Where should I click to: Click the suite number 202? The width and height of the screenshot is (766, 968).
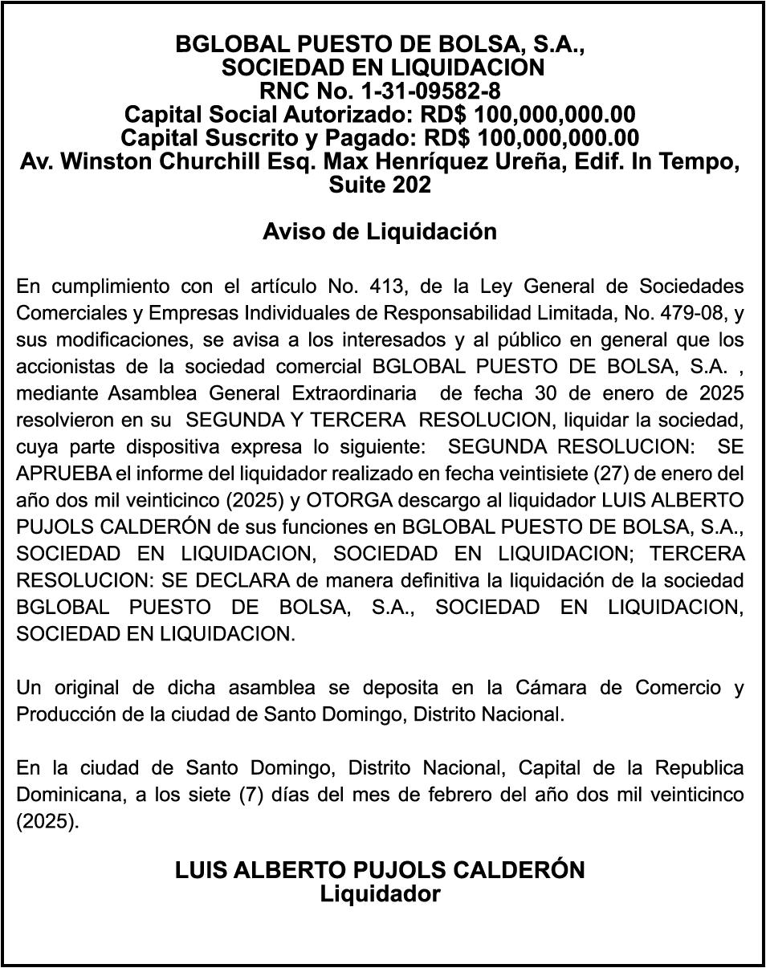pos(412,185)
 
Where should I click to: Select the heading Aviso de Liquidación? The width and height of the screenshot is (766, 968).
pos(380,232)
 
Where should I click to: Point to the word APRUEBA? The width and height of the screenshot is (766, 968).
pos(55,473)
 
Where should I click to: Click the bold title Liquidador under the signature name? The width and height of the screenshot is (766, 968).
pos(380,893)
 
